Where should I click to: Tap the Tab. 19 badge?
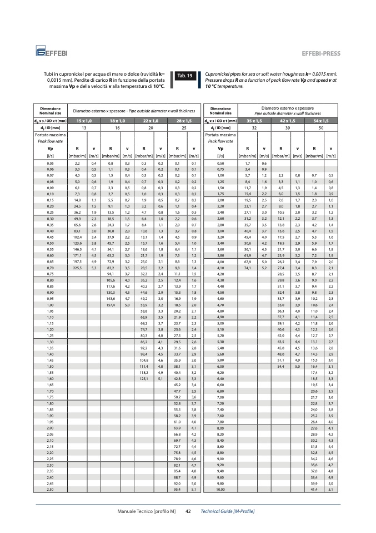pyautogui.click(x=184, y=76)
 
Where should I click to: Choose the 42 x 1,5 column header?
pyautogui.click(x=288, y=121)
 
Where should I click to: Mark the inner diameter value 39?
pyautogui.click(x=288, y=128)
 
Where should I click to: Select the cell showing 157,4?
pyautogui.click(x=110, y=305)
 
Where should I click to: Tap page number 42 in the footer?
pyautogui.click(x=188, y=511)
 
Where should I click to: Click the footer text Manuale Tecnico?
pyautogui.click(x=146, y=511)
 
